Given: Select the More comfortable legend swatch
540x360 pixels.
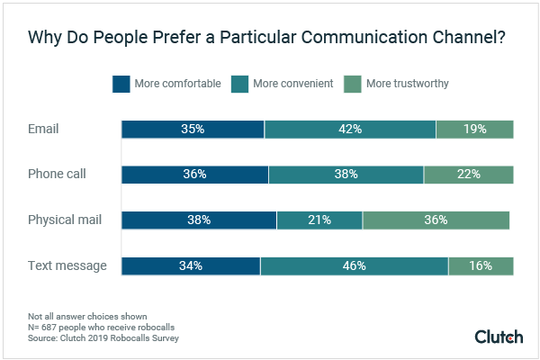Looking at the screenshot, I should tap(121, 84).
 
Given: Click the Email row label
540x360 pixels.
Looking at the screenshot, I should tap(43, 129).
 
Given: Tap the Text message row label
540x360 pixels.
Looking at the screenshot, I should tap(67, 265).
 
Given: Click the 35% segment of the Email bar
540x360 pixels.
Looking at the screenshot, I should tap(193, 129).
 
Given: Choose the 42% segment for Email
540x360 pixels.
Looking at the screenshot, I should tap(350, 129).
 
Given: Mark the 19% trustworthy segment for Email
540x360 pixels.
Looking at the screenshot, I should tap(474, 129).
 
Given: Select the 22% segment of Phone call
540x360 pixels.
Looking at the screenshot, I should tap(468, 174).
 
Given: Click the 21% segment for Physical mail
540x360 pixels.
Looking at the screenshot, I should tap(319, 220).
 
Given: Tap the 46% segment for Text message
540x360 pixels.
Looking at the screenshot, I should tap(354, 265).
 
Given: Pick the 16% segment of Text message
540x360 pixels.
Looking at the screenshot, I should tap(481, 265).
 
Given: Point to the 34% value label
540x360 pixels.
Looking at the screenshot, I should tap(190, 265).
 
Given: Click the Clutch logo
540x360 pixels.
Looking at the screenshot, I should tap(499, 337).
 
